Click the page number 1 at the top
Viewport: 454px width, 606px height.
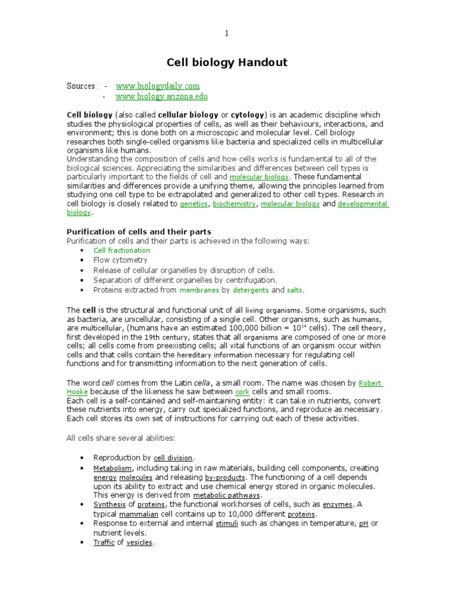coord(226,33)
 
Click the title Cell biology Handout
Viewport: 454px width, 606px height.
coord(226,63)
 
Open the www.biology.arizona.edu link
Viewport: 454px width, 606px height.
coord(161,96)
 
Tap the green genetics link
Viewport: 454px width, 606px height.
coord(194,204)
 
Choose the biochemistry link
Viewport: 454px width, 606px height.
coord(235,204)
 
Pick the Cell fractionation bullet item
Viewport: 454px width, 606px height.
coord(122,251)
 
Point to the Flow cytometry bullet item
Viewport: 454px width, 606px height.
coord(120,260)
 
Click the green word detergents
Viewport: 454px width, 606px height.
coord(251,291)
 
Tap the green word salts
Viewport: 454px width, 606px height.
coord(294,291)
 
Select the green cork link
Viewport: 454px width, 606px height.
coord(242,392)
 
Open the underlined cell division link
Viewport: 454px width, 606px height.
coord(173,458)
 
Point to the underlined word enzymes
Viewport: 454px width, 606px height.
coord(337,505)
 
